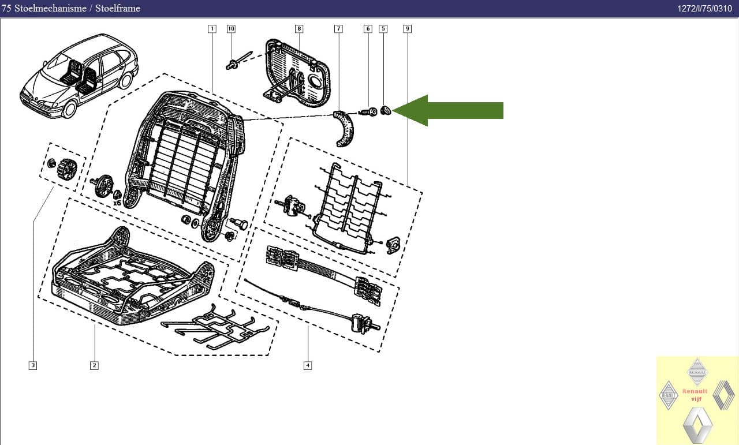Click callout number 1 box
[212, 29]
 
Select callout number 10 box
[231, 29]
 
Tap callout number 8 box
[299, 29]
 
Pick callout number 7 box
[338, 29]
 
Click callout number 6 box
[368, 29]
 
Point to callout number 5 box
[383, 29]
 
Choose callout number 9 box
[408, 29]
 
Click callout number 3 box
[33, 365]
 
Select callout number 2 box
[94, 365]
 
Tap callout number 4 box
[308, 365]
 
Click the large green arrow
[447, 110]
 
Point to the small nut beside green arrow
[385, 110]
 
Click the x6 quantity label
[117, 203]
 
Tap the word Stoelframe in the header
[118, 8]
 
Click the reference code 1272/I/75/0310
[705, 8]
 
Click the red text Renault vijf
[695, 395]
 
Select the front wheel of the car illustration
[70, 110]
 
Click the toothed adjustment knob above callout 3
[67, 169]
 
